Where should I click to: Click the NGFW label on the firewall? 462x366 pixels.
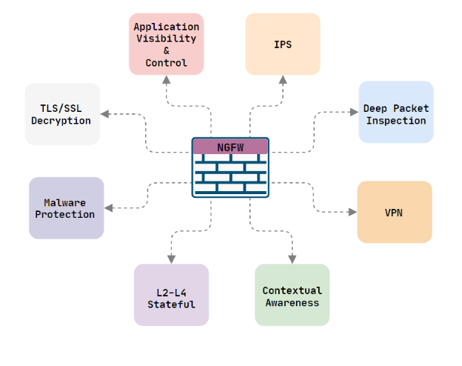pos(230,147)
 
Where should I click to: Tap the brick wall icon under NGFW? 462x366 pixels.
pos(230,176)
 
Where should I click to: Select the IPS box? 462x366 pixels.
pos(283,44)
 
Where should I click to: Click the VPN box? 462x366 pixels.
pos(394,212)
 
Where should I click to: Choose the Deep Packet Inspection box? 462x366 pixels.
pos(396,113)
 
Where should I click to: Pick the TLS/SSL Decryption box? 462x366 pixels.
pos(62,114)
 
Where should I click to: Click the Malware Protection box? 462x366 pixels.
pos(67,208)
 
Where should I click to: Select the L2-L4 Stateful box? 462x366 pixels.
pos(171,295)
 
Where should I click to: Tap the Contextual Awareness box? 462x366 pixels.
pos(292,295)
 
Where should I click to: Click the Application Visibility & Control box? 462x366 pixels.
pos(166,44)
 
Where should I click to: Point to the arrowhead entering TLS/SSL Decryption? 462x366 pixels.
pos(105,114)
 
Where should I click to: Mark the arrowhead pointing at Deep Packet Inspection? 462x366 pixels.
pos(353,113)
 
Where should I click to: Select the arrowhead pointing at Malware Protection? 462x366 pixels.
pos(109,208)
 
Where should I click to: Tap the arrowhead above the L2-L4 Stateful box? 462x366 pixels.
pos(171,259)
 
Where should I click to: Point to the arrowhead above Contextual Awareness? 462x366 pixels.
pos(292,259)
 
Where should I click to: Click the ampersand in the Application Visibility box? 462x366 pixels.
pos(166,50)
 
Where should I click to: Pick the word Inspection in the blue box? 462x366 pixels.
pos(396,120)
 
